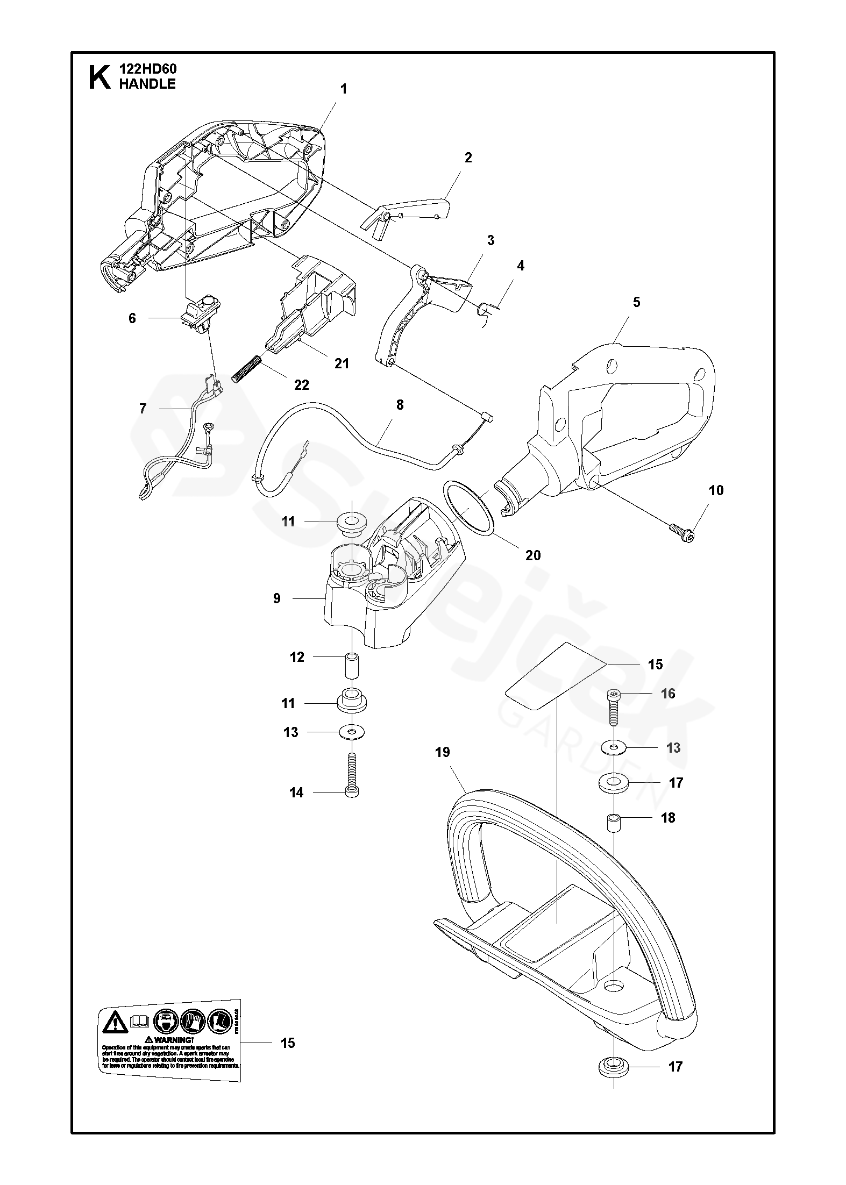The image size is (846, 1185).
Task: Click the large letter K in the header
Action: [99, 76]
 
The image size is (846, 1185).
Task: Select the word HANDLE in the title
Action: [147, 84]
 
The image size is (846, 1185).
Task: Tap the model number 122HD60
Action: [147, 69]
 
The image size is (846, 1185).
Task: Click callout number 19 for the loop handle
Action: [443, 752]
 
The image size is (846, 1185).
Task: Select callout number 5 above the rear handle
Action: [637, 302]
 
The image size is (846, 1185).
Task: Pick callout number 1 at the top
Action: [344, 89]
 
